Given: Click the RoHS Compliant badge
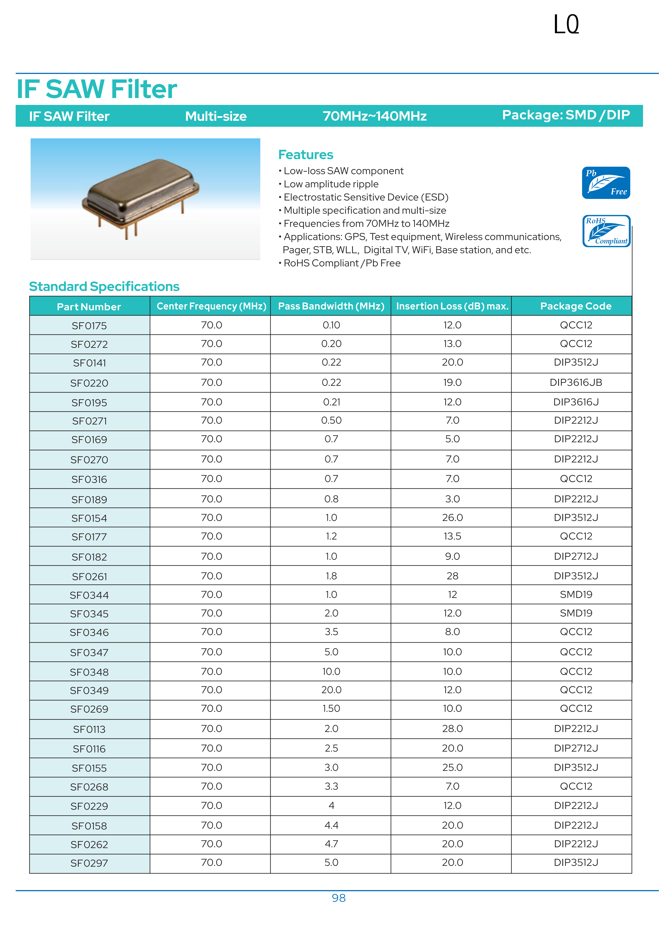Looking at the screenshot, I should coord(606,231).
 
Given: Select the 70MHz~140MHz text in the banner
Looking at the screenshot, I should coord(374,116).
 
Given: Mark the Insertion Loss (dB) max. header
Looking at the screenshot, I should coord(452,306).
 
